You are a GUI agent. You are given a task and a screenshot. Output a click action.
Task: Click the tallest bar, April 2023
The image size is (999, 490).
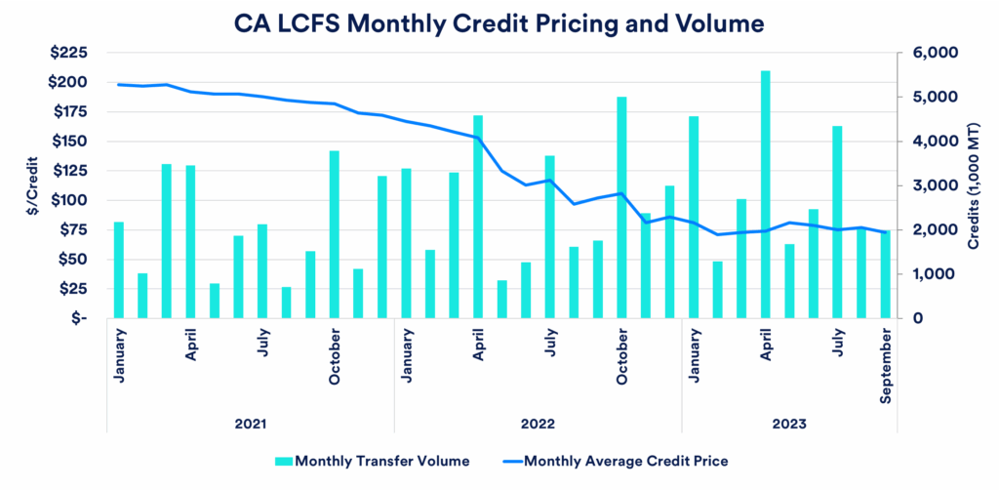click(x=766, y=194)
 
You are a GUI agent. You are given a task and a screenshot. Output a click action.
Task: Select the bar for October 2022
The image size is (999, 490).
click(x=621, y=207)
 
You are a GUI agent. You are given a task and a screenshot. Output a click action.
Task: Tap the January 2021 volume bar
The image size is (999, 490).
click(x=118, y=270)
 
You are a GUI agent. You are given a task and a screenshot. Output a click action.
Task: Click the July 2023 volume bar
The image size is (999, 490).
click(x=837, y=222)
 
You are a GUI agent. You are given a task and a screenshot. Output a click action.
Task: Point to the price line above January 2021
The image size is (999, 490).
click(x=118, y=84)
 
